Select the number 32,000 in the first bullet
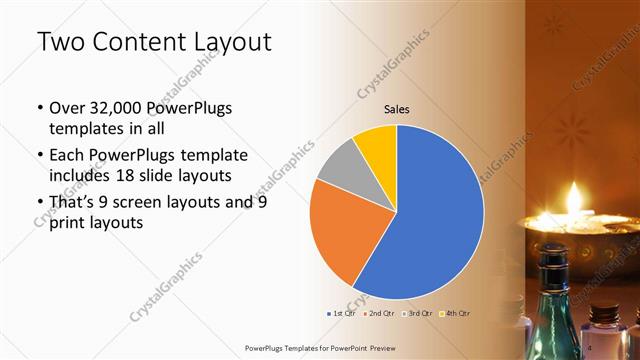point(117,108)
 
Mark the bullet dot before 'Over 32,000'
point(39,109)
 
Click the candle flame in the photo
point(575,193)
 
